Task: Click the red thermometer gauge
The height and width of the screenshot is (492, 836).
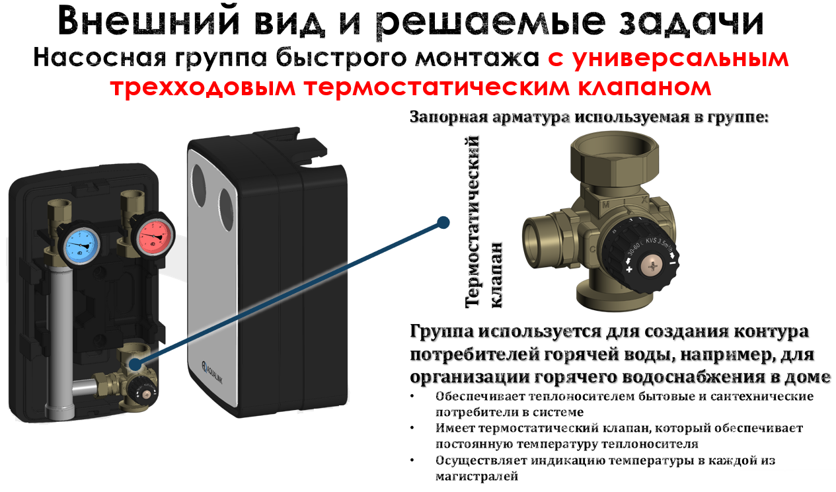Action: (154, 237)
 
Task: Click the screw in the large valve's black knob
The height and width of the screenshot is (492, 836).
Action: (653, 266)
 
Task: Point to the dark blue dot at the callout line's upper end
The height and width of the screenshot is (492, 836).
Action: (443, 223)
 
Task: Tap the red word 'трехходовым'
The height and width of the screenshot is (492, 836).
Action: (203, 88)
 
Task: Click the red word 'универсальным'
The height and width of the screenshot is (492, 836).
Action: (681, 60)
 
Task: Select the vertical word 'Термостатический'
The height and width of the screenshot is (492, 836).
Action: (473, 222)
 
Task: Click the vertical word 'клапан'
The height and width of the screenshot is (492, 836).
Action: (497, 275)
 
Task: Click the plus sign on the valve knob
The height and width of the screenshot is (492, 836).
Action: (629, 269)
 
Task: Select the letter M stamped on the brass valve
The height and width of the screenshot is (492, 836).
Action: (606, 205)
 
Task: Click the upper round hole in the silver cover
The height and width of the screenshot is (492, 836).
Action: (199, 186)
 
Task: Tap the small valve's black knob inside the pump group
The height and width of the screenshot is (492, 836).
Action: (141, 389)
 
